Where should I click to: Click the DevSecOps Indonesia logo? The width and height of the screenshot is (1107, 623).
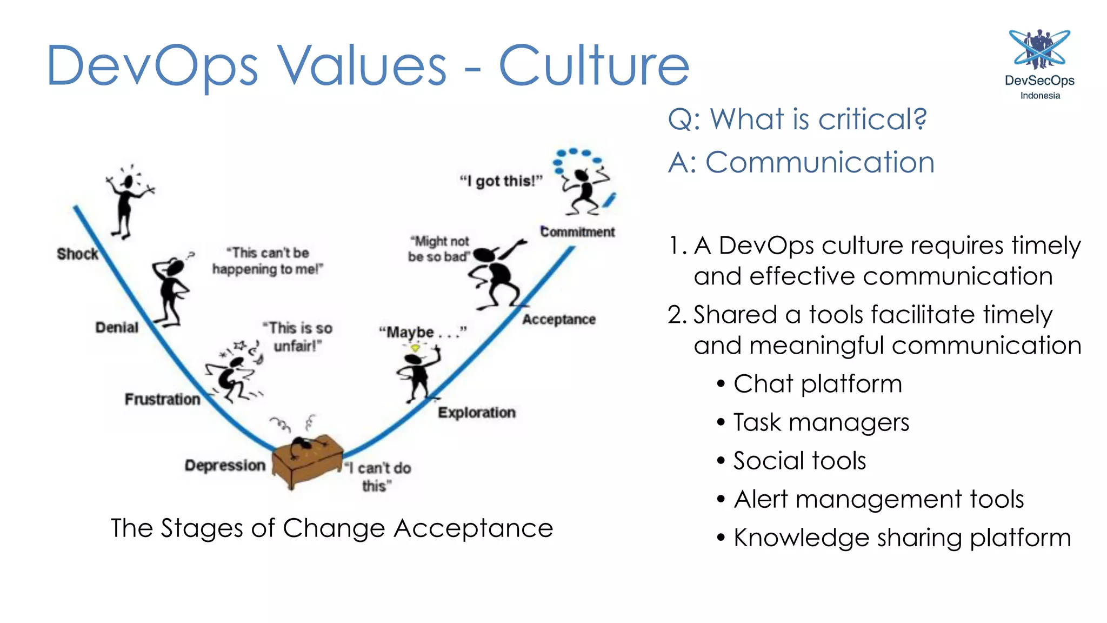[1039, 64]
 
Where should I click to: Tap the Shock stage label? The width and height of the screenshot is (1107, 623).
[77, 254]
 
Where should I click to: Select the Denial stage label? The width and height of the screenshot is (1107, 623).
[117, 327]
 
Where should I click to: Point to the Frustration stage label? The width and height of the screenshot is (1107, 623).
[162, 399]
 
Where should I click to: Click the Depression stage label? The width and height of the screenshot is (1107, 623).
[225, 465]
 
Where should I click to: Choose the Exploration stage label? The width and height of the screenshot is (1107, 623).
[476, 413]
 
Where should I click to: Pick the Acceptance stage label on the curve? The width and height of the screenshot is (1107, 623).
[558, 320]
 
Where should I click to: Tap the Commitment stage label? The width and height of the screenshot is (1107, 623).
[577, 232]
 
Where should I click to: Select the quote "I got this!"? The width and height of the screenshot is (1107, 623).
[501, 181]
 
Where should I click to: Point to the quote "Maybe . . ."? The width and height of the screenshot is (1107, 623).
[422, 332]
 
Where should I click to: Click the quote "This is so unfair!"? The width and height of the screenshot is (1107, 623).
[298, 336]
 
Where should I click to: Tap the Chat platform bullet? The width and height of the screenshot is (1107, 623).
[817, 384]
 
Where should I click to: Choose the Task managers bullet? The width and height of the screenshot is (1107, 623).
[821, 422]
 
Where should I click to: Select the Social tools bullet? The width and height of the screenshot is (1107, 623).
[799, 461]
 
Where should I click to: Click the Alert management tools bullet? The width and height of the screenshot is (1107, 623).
[878, 499]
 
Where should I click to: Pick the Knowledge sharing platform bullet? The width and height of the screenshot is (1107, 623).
[902, 538]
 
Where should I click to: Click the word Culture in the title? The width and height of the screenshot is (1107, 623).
[593, 66]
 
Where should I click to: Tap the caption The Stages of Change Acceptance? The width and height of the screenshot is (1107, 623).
[332, 528]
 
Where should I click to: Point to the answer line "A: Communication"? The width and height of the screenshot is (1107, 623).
[801, 162]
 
